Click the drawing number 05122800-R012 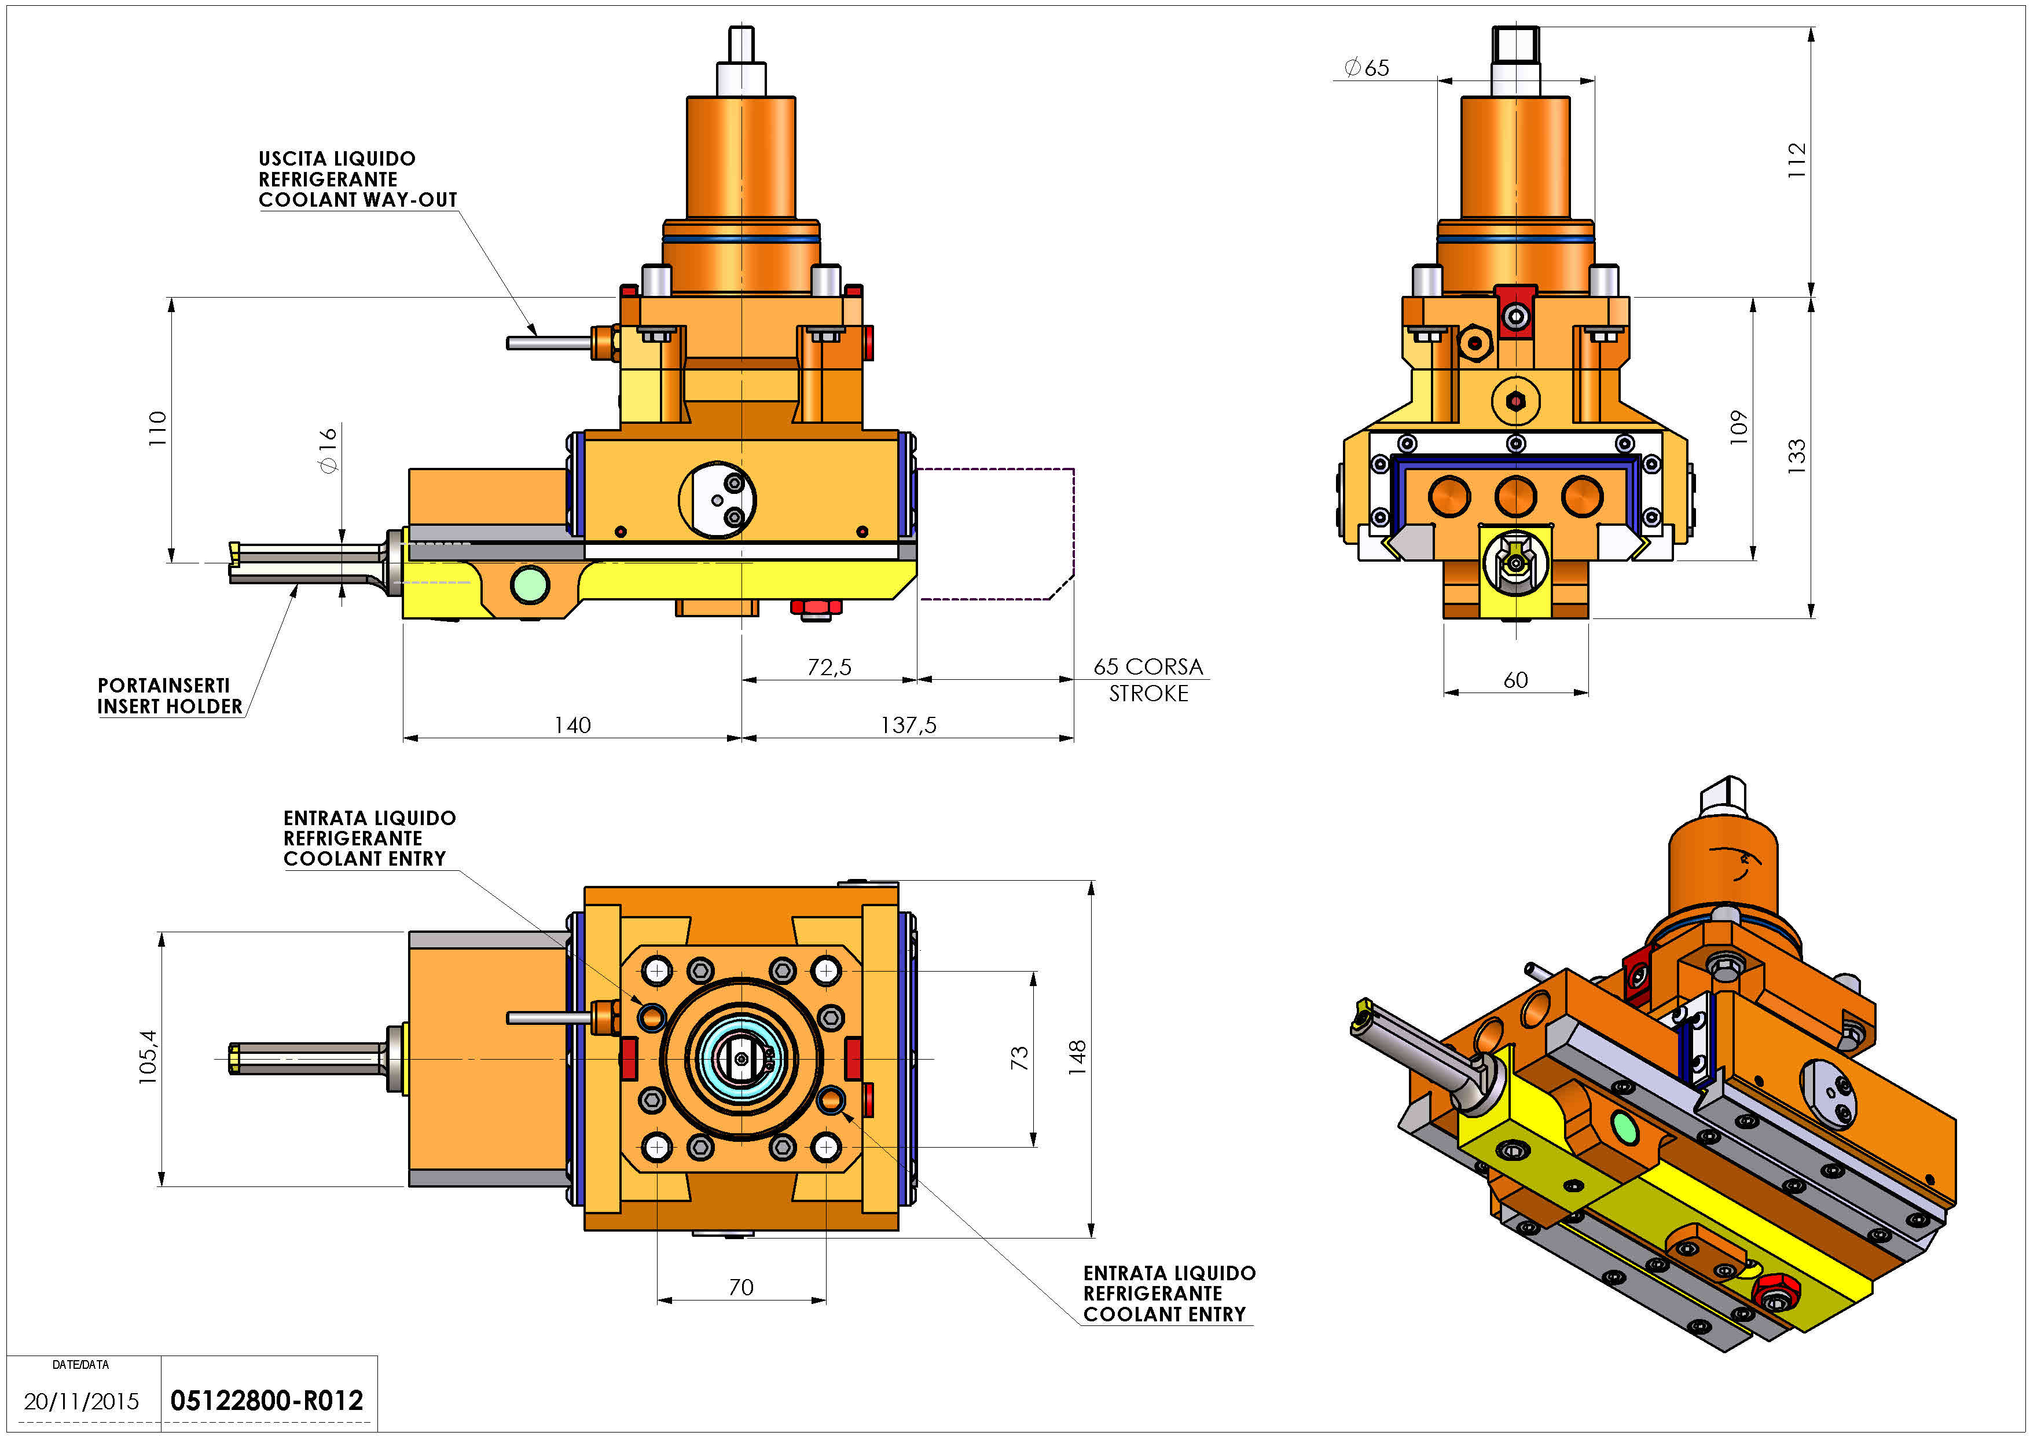point(266,1401)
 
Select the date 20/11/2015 point(82,1401)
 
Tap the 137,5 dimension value point(908,725)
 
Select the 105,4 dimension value point(148,1057)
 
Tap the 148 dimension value point(1076,1057)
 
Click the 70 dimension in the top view point(741,1287)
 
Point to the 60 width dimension point(1515,680)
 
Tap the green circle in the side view point(530,584)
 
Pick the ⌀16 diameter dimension point(328,449)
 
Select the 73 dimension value point(1019,1057)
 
